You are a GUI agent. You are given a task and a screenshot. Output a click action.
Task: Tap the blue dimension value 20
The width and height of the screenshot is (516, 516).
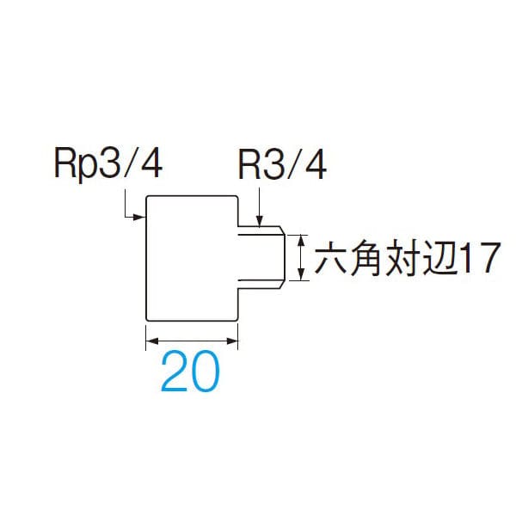pos(191,373)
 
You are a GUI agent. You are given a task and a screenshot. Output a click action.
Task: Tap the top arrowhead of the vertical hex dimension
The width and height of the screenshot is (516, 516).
pos(300,238)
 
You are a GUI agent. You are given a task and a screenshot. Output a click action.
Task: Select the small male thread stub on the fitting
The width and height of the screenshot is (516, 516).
pos(261,255)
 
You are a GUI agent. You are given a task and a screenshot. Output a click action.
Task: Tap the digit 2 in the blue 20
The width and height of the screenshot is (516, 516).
pos(175,373)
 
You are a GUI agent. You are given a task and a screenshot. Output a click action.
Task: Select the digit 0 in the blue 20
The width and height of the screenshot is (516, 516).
pos(206,373)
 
